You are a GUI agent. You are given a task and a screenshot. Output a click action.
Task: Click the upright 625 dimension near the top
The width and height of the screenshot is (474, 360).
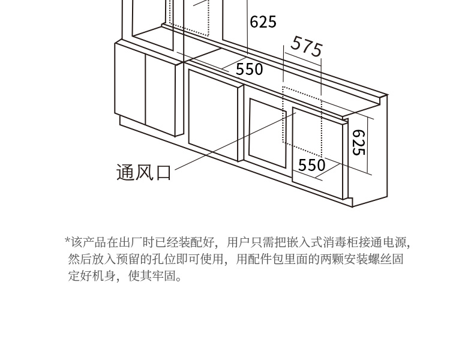point(263,22)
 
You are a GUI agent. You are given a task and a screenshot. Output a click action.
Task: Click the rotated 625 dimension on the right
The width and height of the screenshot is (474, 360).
point(358,143)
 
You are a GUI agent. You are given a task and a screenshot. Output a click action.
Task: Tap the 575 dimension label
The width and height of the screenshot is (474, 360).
point(307,46)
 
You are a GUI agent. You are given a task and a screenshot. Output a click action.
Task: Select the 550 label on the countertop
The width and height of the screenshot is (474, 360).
point(249,69)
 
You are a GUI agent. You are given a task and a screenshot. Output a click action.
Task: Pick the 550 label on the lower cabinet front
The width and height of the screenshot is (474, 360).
point(311,165)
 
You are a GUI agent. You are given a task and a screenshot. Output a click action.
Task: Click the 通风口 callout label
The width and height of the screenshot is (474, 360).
point(143,173)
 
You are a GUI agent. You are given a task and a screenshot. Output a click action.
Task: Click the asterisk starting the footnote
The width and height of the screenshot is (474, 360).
point(68,242)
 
